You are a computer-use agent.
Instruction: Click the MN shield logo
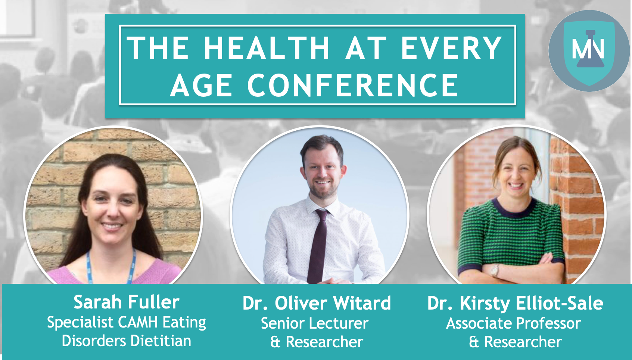pyautogui.click(x=589, y=51)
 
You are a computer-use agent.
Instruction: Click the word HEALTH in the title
pyautogui.click(x=267, y=48)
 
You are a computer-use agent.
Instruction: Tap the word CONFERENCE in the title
pyautogui.click(x=353, y=85)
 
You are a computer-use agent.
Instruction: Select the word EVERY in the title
pyautogui.click(x=451, y=48)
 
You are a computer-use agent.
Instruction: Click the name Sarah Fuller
pyautogui.click(x=127, y=302)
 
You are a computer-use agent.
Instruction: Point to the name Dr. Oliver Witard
pyautogui.click(x=317, y=303)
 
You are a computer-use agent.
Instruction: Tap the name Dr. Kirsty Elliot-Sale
pyautogui.click(x=515, y=303)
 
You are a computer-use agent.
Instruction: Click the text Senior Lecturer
pyautogui.click(x=315, y=323)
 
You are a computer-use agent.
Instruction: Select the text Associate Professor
pyautogui.click(x=514, y=323)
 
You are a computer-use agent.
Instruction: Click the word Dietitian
pyautogui.click(x=161, y=341)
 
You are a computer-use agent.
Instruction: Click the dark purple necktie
pyautogui.click(x=318, y=246)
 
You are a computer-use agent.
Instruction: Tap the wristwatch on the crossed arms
pyautogui.click(x=494, y=270)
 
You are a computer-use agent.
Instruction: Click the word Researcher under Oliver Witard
pyautogui.click(x=324, y=342)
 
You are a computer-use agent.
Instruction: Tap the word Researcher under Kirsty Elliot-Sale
pyautogui.click(x=523, y=342)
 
